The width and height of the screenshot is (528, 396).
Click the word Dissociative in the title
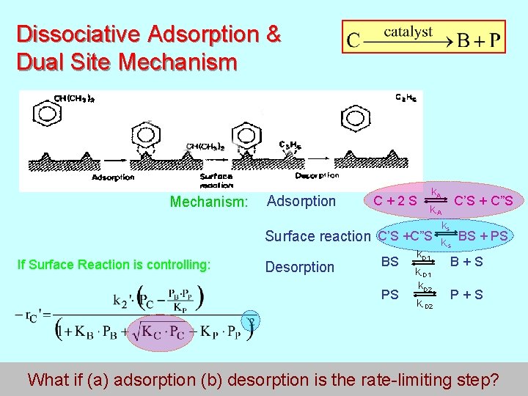click(x=78, y=34)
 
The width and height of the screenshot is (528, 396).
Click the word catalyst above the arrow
click(x=409, y=32)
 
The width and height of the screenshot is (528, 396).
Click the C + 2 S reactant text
click(x=395, y=201)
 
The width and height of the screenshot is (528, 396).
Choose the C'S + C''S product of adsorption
click(x=483, y=200)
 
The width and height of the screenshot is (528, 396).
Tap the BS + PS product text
click(x=483, y=235)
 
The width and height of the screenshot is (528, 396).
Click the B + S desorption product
click(x=466, y=261)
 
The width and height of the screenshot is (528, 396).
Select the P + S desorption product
click(x=466, y=294)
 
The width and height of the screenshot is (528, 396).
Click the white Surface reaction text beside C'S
click(x=317, y=236)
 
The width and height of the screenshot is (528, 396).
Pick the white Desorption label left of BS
click(x=301, y=267)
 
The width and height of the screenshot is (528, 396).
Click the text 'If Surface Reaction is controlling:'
click(x=114, y=265)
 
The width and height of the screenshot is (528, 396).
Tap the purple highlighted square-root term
click(x=156, y=330)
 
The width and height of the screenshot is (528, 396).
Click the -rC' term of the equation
click(x=28, y=315)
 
